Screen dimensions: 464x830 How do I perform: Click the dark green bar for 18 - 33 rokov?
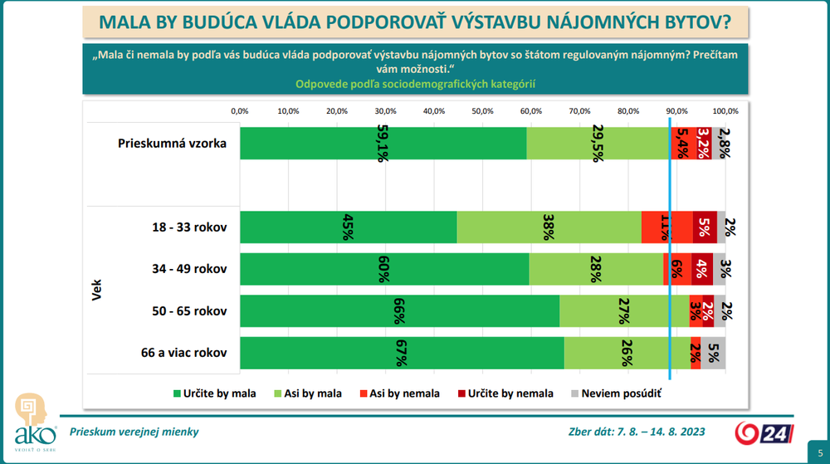pyautogui.click(x=348, y=227)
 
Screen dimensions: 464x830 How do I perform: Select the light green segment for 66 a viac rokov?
pyautogui.click(x=627, y=354)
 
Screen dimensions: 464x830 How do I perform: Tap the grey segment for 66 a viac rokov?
pyautogui.click(x=713, y=354)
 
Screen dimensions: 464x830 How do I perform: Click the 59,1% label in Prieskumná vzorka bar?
pyautogui.click(x=383, y=144)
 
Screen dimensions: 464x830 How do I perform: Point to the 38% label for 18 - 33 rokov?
pyautogui.click(x=549, y=227)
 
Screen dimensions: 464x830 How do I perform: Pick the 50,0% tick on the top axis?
pyautogui.click(x=482, y=110)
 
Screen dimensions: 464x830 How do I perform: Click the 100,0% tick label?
pyautogui.click(x=725, y=110)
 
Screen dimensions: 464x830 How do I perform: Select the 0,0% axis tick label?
pyautogui.click(x=239, y=110)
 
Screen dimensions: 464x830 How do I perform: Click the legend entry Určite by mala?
pyautogui.click(x=214, y=393)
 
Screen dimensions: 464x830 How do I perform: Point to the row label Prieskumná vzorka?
pyautogui.click(x=172, y=143)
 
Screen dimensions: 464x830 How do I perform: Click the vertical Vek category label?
pyautogui.click(x=97, y=290)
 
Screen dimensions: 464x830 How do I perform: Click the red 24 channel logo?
pyautogui.click(x=760, y=432)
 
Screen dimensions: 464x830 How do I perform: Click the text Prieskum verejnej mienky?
pyautogui.click(x=134, y=432)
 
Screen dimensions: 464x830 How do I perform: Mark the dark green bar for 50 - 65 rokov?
pyautogui.click(x=399, y=311)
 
